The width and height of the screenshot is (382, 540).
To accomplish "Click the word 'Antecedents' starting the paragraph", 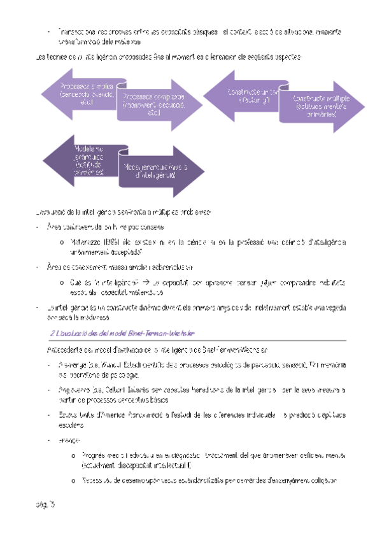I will point(66,350).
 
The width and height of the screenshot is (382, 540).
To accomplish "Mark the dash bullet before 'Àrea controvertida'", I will point(39,226).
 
